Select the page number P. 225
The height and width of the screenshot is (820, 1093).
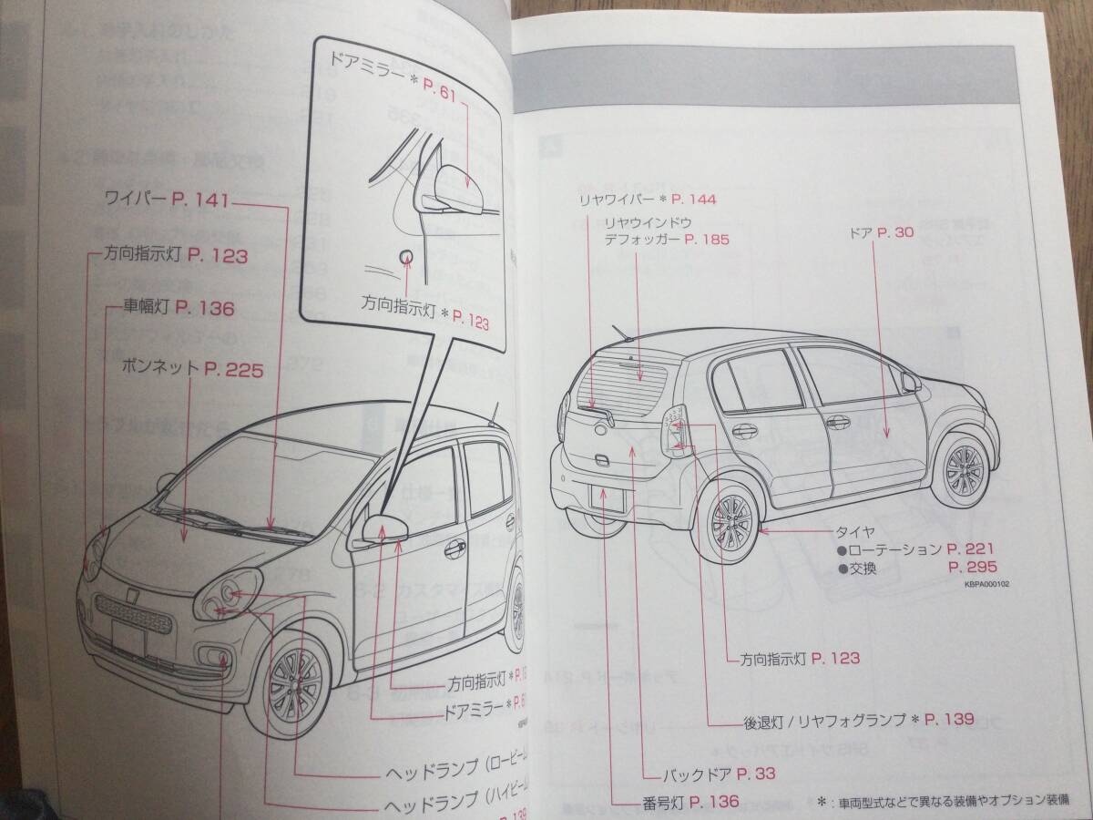[x=234, y=369]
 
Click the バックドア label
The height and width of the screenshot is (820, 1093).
[x=700, y=774]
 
